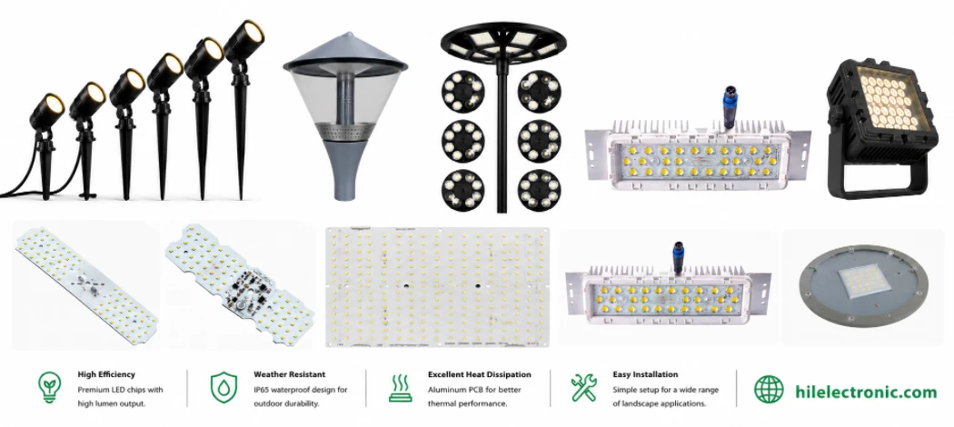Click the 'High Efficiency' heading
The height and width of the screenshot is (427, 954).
[106, 374]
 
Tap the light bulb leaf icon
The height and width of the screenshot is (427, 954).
[49, 388]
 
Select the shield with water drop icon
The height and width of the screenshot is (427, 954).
[224, 388]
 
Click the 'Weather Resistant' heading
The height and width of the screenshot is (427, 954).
[290, 374]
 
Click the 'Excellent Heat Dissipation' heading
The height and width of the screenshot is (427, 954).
[480, 374]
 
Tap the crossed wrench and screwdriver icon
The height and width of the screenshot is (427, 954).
[584, 388]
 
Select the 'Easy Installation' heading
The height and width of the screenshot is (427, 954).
[645, 374]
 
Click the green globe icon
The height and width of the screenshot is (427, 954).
[769, 389]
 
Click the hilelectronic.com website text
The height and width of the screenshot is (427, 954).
[866, 391]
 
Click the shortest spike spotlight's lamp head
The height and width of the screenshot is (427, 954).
[47, 110]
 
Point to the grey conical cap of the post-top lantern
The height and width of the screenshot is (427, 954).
[345, 53]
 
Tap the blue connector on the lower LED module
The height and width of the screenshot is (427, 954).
[677, 256]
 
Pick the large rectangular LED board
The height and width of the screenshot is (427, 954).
[437, 288]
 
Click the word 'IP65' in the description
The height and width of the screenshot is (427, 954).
[262, 389]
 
